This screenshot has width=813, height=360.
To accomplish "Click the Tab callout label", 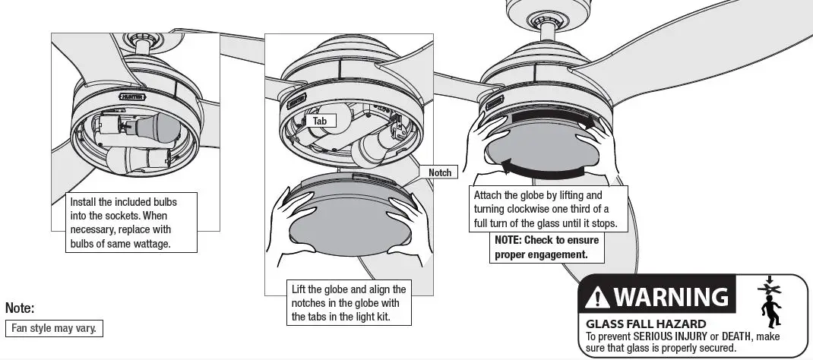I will pos(320,121).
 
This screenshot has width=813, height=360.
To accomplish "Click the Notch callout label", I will pos(440,172).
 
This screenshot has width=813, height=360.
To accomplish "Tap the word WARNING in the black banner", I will pos(669,296).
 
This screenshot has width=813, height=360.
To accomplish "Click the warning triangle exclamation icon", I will pos(598,297).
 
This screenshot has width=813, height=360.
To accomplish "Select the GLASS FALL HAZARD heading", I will pos(631,324).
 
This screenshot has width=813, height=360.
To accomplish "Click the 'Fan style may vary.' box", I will pos(54,329).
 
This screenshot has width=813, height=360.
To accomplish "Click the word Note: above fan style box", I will pos(20,308).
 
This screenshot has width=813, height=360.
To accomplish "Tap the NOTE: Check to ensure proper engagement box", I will pos(546,247).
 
